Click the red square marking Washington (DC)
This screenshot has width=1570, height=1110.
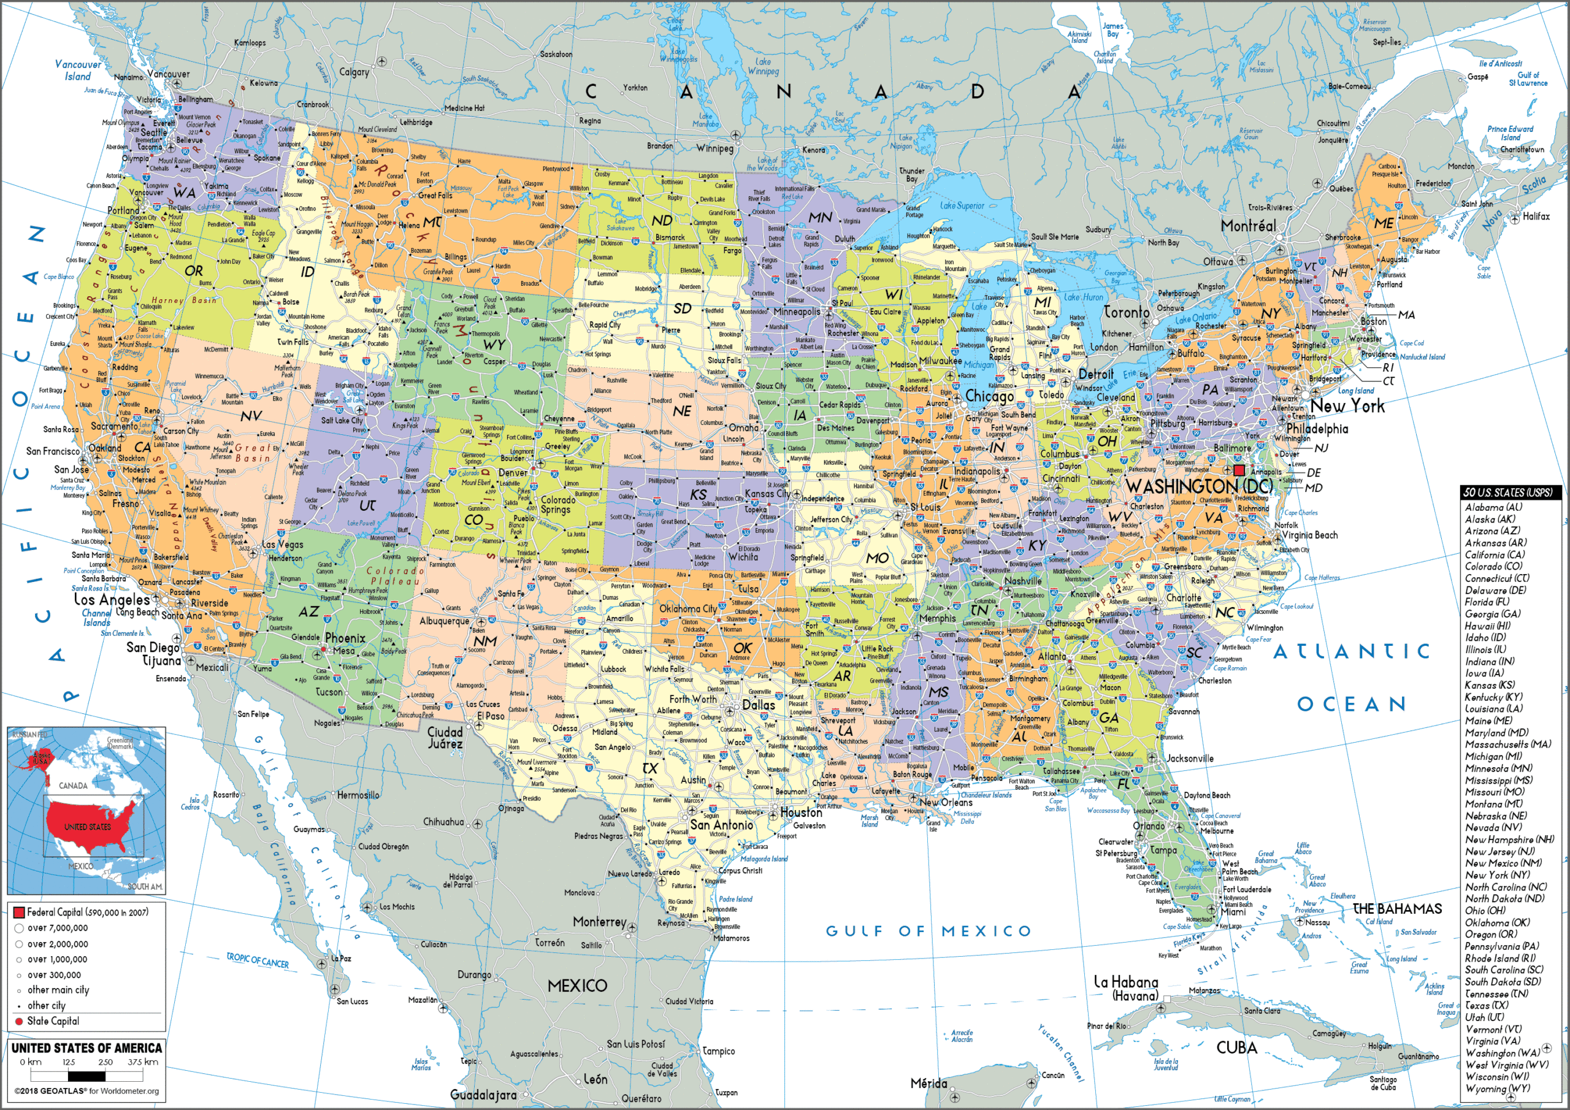1239,470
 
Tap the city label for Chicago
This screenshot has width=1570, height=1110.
989,397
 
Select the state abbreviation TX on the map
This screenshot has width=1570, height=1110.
649,768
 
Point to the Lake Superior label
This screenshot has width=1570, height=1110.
962,205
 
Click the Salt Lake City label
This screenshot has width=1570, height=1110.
342,421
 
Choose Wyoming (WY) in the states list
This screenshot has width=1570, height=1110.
1497,1088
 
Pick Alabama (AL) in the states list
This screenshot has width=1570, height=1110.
1493,507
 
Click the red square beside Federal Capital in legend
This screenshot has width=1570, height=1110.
19,913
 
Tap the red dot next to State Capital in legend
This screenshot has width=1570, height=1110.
19,1021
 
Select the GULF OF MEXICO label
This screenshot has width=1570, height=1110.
928,931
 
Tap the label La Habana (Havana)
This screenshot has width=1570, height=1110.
1126,988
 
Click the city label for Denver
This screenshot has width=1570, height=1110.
513,473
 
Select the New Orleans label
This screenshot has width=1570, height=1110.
946,802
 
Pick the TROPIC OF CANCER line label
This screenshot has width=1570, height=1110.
258,960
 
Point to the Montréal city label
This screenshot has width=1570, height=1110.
1249,226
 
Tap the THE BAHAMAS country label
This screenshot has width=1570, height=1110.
1397,909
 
